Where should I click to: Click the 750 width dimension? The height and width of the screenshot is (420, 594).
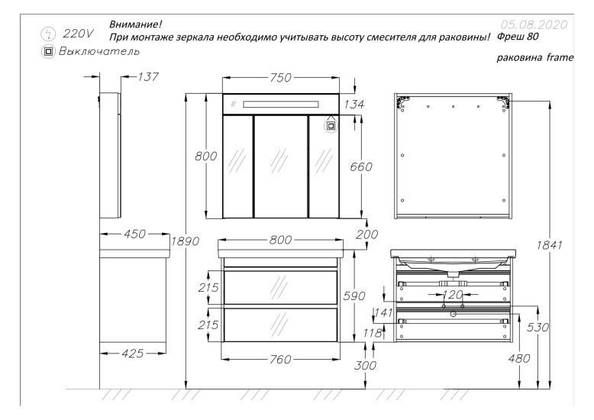tap(282, 78)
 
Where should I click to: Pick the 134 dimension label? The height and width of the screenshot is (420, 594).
tap(354, 104)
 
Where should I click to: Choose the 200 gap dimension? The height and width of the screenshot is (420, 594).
tap(366, 234)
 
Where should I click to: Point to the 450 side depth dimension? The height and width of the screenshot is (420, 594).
tap(134, 234)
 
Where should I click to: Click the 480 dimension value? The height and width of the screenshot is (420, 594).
tap(519, 357)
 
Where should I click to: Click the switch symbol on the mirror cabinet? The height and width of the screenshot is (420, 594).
tap(330, 126)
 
